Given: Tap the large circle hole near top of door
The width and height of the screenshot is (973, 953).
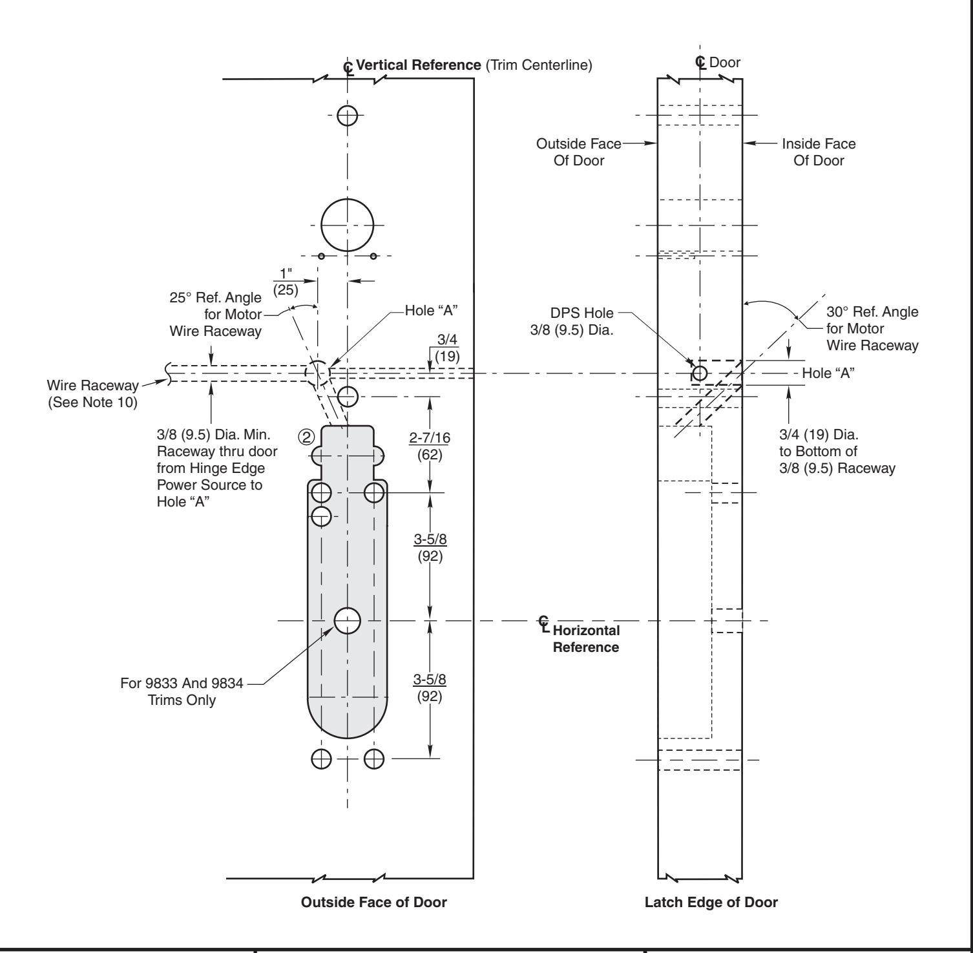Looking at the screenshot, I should (348, 225).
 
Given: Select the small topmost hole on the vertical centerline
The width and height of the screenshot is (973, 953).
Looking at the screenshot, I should (348, 116).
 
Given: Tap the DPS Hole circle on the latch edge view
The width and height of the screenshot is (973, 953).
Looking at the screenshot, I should (699, 373).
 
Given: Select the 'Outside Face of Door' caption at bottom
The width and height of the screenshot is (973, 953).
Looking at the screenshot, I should (374, 903).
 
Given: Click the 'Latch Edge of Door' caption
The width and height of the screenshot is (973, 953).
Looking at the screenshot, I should (711, 903).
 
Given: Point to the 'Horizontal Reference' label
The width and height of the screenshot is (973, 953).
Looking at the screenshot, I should (586, 638).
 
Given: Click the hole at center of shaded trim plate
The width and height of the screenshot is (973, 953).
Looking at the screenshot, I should (348, 621).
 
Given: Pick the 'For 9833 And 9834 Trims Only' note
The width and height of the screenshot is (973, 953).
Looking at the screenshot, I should (182, 691).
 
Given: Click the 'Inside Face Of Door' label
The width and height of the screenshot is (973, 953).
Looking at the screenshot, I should (819, 152).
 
